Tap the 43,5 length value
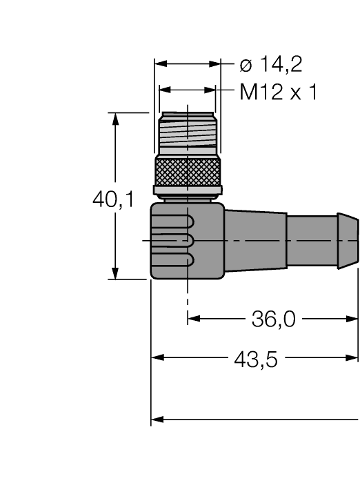coord(257,359)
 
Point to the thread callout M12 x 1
coord(279,92)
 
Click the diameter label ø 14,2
coord(270,66)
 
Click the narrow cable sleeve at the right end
coord(322,239)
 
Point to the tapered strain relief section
coord(255,239)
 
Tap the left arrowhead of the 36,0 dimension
coord(194,319)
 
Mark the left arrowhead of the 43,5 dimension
coord(157,358)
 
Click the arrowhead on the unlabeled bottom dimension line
coord(157,419)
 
